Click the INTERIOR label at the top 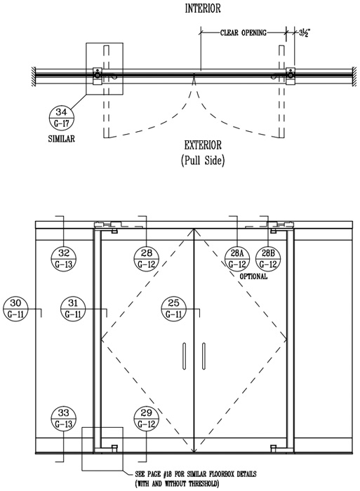tap(203, 8)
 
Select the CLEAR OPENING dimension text tap(243, 32)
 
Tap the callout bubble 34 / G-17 tap(62, 118)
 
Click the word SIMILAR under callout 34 tap(62, 139)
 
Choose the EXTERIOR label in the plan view tap(203, 145)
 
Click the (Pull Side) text tap(203, 161)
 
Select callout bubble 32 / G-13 tap(64, 259)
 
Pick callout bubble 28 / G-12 tap(147, 259)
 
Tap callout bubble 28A tap(237, 259)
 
